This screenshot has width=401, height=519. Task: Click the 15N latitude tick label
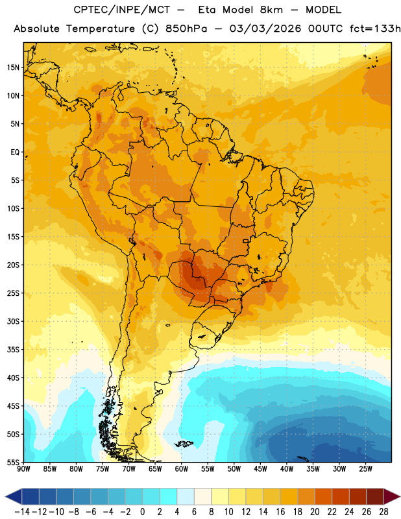tap(13, 67)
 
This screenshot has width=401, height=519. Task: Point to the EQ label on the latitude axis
tap(15, 152)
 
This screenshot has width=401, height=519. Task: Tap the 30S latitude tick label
tap(13, 321)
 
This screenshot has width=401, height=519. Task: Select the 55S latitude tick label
tap(13, 463)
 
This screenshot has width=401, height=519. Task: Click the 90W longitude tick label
tap(23, 469)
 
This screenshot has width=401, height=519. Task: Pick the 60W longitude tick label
tap(182, 469)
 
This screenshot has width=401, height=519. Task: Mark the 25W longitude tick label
tap(365, 469)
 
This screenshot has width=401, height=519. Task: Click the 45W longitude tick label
tap(260, 469)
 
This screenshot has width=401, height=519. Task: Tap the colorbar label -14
tap(22, 512)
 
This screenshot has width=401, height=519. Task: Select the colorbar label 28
tap(383, 512)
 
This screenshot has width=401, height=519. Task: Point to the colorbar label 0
tap(143, 512)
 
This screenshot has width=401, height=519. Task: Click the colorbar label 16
tap(280, 512)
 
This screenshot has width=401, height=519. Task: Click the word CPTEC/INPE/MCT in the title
tap(122, 10)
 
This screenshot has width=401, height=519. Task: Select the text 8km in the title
tap(271, 10)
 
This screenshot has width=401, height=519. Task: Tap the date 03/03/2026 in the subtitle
tap(265, 29)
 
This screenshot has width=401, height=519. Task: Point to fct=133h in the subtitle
tap(375, 29)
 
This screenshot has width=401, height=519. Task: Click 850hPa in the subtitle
tap(186, 29)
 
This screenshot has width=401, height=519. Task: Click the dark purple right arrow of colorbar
tap(392, 497)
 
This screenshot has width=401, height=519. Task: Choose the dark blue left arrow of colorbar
tap(13, 497)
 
